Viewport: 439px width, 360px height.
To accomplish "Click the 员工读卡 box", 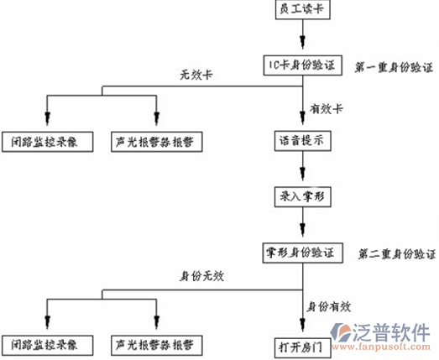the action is point(303,9).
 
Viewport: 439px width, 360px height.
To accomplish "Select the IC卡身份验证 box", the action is point(303,65).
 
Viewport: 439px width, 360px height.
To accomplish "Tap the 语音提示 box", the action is point(303,141).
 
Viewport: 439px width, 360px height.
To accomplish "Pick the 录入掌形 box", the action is point(303,197).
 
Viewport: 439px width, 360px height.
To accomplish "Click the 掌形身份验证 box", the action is point(303,253).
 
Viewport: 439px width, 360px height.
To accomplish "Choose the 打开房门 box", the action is point(303,348).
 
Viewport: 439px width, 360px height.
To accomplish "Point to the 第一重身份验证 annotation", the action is point(394,67).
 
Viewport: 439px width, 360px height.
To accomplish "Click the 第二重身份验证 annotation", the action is point(397,254).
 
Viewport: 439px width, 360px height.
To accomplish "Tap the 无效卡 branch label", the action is point(196,75).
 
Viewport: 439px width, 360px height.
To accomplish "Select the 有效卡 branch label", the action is point(327,109).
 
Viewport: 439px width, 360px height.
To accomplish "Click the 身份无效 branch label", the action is point(201,276).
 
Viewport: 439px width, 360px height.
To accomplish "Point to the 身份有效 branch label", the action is point(329,307).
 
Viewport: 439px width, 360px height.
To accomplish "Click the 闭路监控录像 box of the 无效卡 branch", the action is point(48,142).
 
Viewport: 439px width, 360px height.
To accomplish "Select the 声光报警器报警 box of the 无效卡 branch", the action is point(157,142).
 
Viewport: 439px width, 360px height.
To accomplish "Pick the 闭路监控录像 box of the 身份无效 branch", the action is point(48,345).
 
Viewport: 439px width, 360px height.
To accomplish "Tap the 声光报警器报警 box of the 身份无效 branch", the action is point(157,345).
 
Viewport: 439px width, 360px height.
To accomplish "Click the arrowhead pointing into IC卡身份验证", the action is point(303,42).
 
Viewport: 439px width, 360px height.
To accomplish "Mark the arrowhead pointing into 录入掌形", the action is point(303,174).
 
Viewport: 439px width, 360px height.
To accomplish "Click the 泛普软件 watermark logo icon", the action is point(340,332).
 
